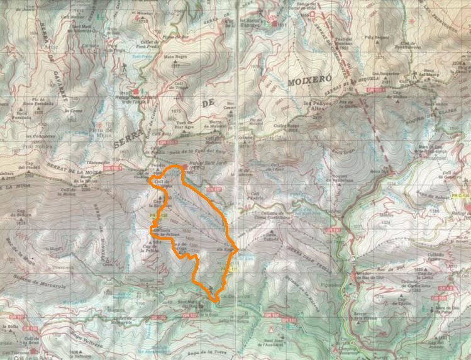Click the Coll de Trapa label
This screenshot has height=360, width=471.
[x=180, y=88]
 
